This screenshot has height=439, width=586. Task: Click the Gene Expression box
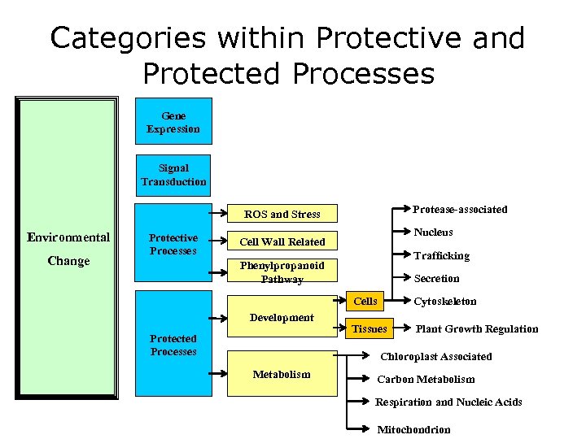point(173,122)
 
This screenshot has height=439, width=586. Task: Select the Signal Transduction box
point(173,175)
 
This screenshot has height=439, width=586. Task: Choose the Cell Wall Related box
point(282,241)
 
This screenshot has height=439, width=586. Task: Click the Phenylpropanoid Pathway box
point(282,272)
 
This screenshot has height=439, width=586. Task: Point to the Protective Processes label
point(173,244)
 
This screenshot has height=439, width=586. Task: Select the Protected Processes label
point(173,345)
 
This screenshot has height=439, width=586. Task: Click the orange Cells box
point(365,302)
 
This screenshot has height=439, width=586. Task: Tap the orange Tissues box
point(369,329)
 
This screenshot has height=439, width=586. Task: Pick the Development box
point(282,318)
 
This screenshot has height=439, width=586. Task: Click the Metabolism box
point(282,374)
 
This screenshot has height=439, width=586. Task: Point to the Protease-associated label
point(460,210)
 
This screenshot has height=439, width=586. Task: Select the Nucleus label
point(433,233)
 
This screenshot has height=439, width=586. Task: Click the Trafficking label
point(441,255)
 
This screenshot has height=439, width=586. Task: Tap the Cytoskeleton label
point(445,302)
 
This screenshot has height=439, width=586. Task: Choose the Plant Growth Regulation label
point(477,329)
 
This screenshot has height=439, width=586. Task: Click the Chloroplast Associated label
point(436,356)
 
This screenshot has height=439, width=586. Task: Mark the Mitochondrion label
point(413,429)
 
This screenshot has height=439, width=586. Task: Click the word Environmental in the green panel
point(68,237)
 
